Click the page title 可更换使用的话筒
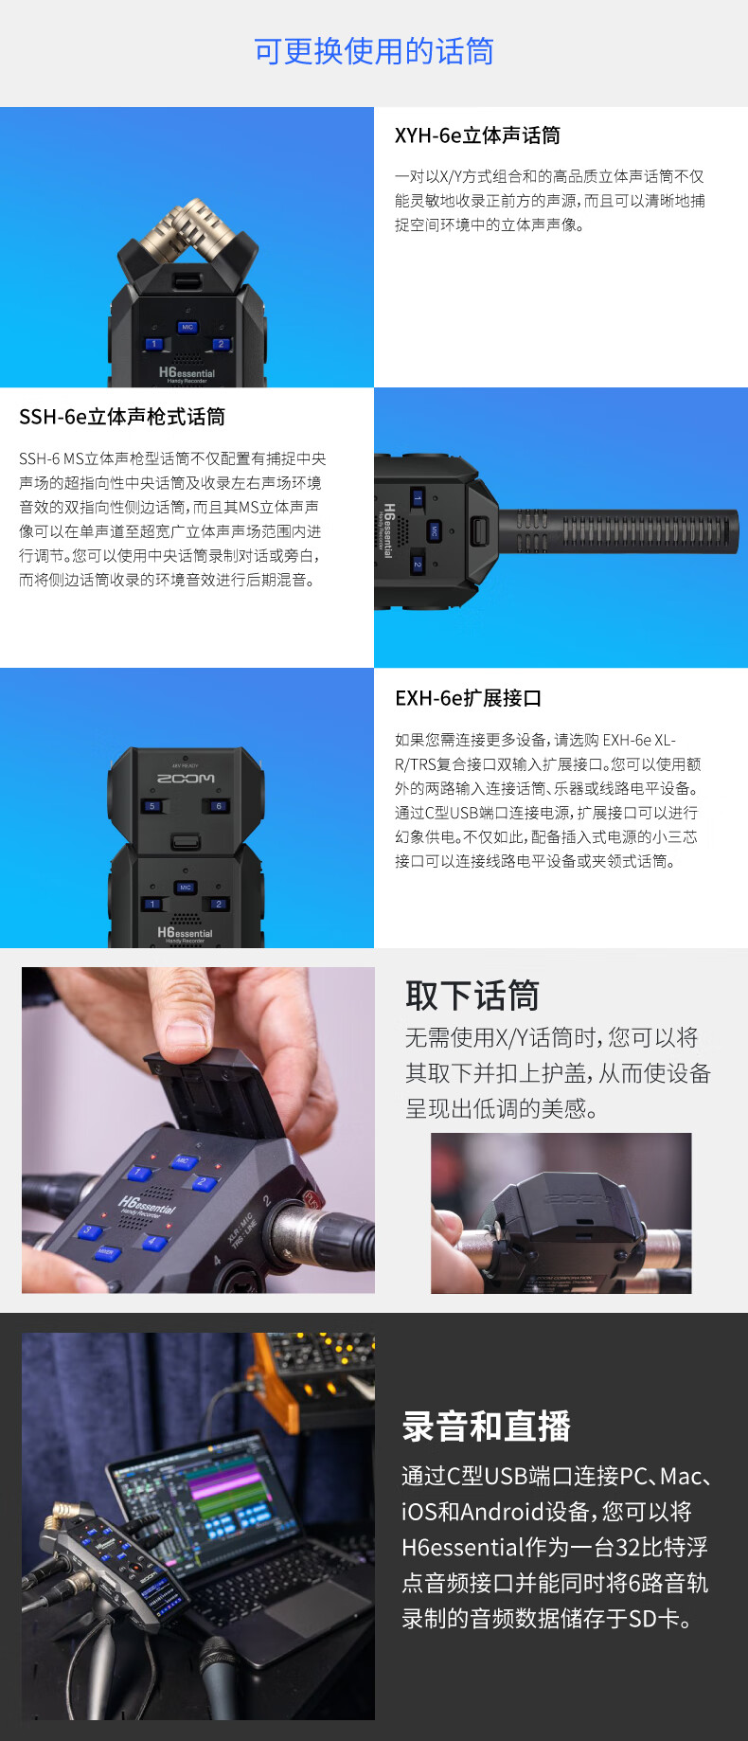[374, 51]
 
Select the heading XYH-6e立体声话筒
[477, 135]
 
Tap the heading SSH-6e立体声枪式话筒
[122, 417]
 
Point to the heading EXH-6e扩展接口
[468, 698]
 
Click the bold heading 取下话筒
[472, 996]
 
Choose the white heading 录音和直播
[487, 1426]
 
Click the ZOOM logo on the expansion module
[186, 778]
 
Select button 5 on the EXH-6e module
[151, 806]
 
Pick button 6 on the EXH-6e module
[218, 806]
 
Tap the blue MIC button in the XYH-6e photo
[187, 327]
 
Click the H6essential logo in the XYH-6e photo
[187, 373]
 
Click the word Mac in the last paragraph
[681, 1476]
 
